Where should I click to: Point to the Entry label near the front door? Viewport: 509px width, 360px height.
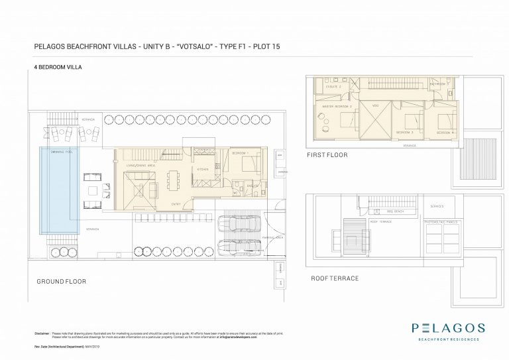[x=176, y=204]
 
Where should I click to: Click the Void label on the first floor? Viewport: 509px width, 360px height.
[x=374, y=106]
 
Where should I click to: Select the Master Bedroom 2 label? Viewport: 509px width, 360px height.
[x=337, y=106]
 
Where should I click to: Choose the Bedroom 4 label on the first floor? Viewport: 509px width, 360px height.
[x=444, y=133]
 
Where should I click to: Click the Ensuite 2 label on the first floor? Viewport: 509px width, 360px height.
[x=333, y=87]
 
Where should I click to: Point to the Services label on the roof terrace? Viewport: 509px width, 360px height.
[x=437, y=206]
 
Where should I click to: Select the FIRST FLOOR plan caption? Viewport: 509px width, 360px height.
[x=327, y=155]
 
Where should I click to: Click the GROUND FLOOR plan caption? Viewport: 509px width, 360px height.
[x=62, y=281]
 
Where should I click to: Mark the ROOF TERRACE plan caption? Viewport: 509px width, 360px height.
[x=335, y=278]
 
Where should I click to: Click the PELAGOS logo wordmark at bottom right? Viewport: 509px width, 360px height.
[x=448, y=328]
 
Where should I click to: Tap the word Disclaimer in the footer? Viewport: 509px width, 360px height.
[x=41, y=333]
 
